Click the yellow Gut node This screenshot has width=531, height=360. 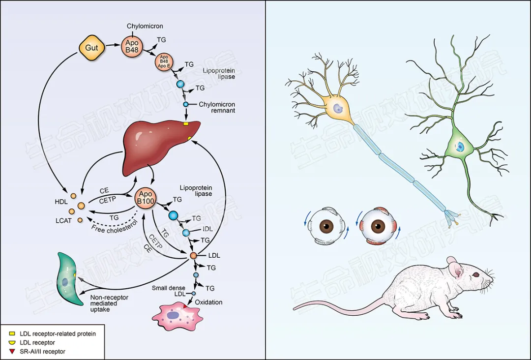[92, 48]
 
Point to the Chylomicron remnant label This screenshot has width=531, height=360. [217, 107]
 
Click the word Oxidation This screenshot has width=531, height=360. [209, 302]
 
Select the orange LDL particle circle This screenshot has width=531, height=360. [193, 255]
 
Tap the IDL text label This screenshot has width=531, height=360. [207, 229]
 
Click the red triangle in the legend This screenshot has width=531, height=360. [13, 351]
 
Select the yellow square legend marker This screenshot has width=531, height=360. [13, 334]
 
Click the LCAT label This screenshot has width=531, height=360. [64, 220]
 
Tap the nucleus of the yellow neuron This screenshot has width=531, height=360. [336, 108]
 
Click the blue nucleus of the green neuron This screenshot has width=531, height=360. [459, 147]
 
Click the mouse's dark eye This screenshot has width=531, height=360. [476, 276]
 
